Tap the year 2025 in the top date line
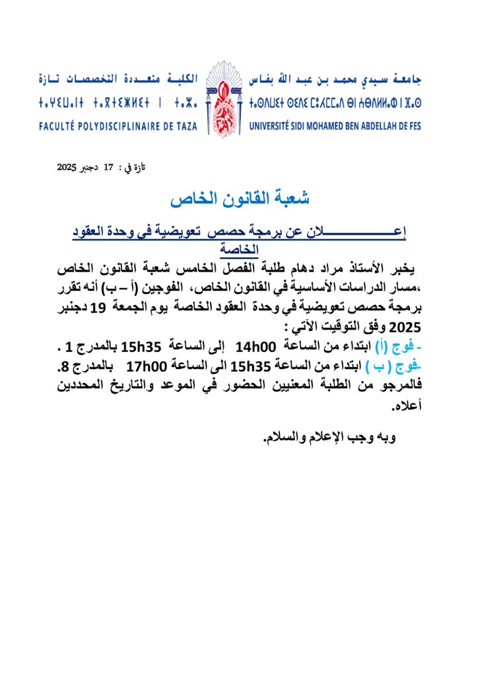[x=68, y=168]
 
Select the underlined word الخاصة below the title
[x=240, y=250]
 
